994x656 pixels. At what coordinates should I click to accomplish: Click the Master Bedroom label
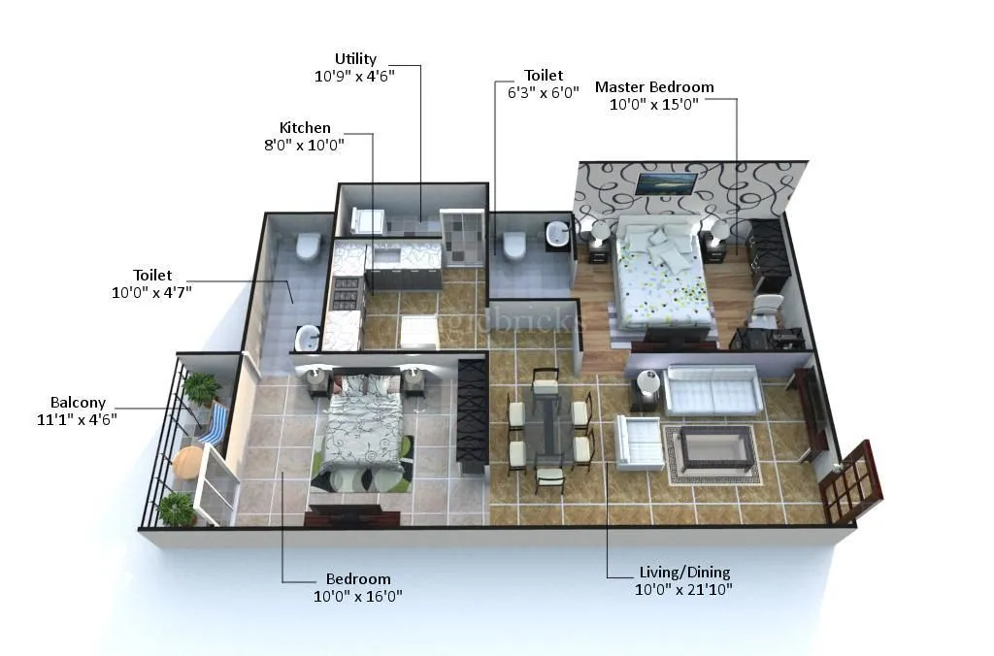coord(654,87)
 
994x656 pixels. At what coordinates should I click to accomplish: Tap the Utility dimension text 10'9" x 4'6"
coord(355,77)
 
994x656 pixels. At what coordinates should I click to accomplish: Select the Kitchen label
coord(305,128)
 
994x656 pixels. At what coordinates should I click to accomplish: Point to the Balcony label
coord(79,403)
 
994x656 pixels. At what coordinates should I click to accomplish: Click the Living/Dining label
coord(684,573)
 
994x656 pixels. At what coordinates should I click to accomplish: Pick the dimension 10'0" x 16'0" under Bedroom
coord(358,596)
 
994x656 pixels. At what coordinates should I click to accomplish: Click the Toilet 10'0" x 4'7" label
coord(151,283)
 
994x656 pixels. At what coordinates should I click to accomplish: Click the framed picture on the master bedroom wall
coord(665,182)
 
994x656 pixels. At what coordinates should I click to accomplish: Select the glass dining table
coord(547,428)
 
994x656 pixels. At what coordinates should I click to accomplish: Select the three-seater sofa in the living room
coord(713,390)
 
